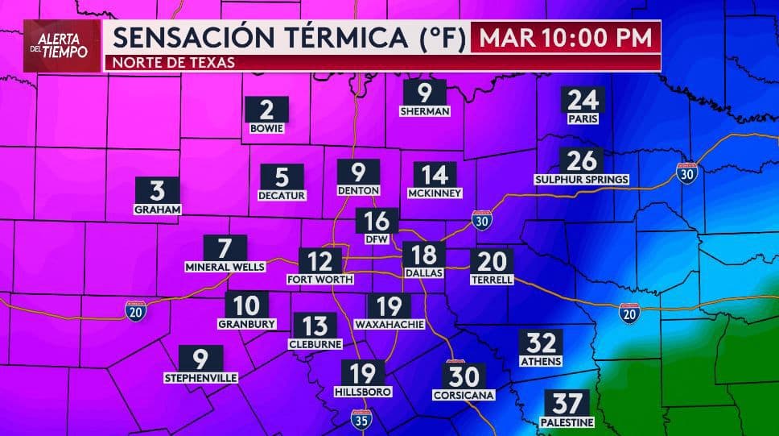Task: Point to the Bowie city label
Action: pos(267,128)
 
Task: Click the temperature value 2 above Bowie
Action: pos(267,109)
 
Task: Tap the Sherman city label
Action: pos(424,111)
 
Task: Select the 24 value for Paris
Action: pos(584,100)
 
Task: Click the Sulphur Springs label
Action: pos(581,178)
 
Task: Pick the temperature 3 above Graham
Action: pos(158,190)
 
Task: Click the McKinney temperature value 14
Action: pos(435,175)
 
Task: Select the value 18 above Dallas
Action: pos(423,255)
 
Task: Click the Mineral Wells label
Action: pos(225,267)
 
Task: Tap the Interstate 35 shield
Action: pos(361,417)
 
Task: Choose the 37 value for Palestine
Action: pos(567,403)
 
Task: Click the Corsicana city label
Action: pos(464,396)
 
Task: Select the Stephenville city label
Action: pos(201,377)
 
